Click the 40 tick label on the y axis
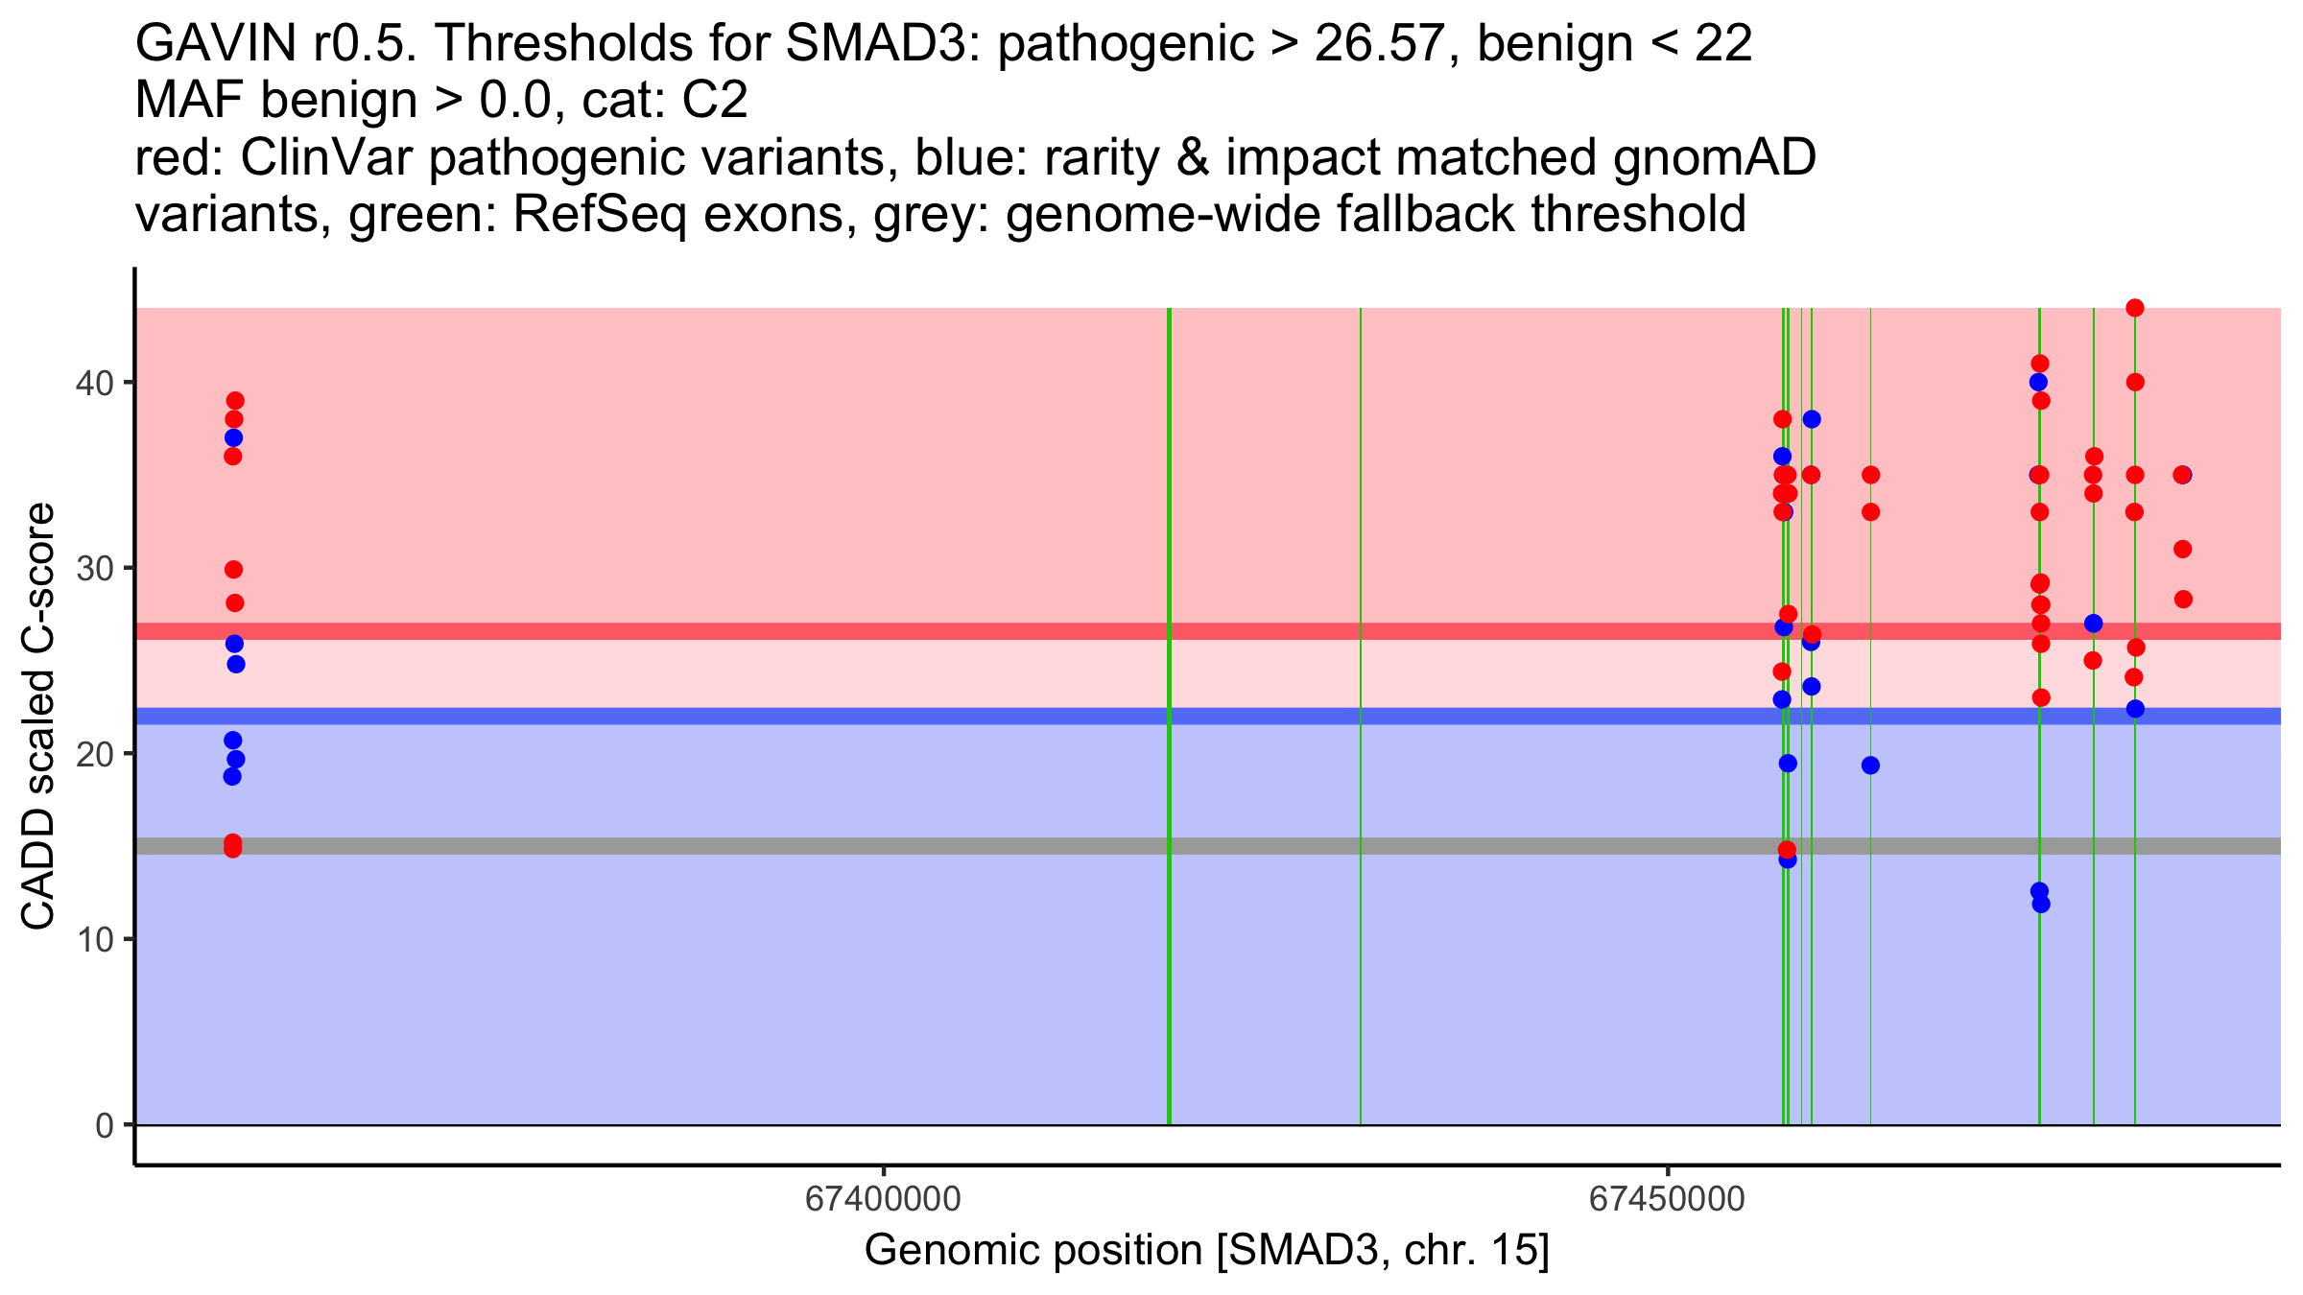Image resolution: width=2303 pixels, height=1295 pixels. [94, 383]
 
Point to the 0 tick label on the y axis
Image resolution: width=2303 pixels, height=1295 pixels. [105, 1125]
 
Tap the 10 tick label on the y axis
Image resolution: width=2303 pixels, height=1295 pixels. [94, 939]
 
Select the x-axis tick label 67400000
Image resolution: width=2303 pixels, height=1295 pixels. [883, 1199]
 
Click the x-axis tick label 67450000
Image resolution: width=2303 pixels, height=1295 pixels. [1668, 1199]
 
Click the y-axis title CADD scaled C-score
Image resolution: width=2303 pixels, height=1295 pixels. [38, 717]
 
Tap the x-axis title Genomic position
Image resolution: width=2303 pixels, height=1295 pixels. [1033, 1251]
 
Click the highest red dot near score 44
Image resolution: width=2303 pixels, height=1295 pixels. [2135, 308]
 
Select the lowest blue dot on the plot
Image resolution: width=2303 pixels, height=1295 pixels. [2041, 904]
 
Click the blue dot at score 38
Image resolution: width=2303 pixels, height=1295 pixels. [1812, 419]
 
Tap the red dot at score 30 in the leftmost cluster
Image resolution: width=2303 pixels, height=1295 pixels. [233, 570]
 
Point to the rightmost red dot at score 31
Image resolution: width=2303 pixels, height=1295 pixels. [2183, 549]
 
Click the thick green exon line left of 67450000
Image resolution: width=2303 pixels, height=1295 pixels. [1169, 716]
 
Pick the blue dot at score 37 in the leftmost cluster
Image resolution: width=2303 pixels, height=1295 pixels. [233, 438]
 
